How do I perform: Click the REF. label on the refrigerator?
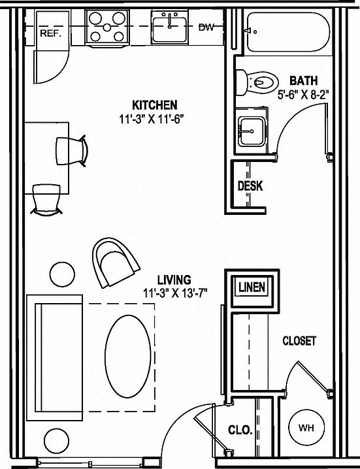click(x=50, y=33)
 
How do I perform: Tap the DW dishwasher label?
click(x=206, y=27)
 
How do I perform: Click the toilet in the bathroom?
click(x=257, y=82)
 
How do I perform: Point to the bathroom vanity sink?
click(x=252, y=131)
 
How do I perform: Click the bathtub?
click(x=288, y=32)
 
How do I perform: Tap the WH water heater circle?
click(x=306, y=428)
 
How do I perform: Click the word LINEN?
click(x=252, y=287)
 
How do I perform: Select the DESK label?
click(x=250, y=186)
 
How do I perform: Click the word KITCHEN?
click(x=155, y=105)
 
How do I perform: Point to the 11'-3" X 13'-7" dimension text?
click(x=175, y=293)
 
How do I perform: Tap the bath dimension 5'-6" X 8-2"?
click(x=303, y=95)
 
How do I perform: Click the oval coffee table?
click(x=128, y=356)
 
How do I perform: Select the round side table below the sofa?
click(x=57, y=441)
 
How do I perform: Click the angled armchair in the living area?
click(x=115, y=263)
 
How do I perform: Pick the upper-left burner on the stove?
click(x=95, y=18)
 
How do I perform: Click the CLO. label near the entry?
click(x=240, y=430)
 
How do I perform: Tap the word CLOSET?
click(x=299, y=341)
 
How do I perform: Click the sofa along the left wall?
click(x=54, y=358)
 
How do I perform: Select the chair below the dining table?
click(x=46, y=199)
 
